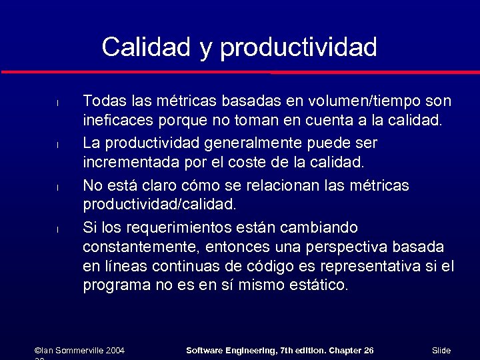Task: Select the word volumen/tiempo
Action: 361,101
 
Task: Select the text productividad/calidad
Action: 159,203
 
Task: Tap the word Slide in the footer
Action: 441,350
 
